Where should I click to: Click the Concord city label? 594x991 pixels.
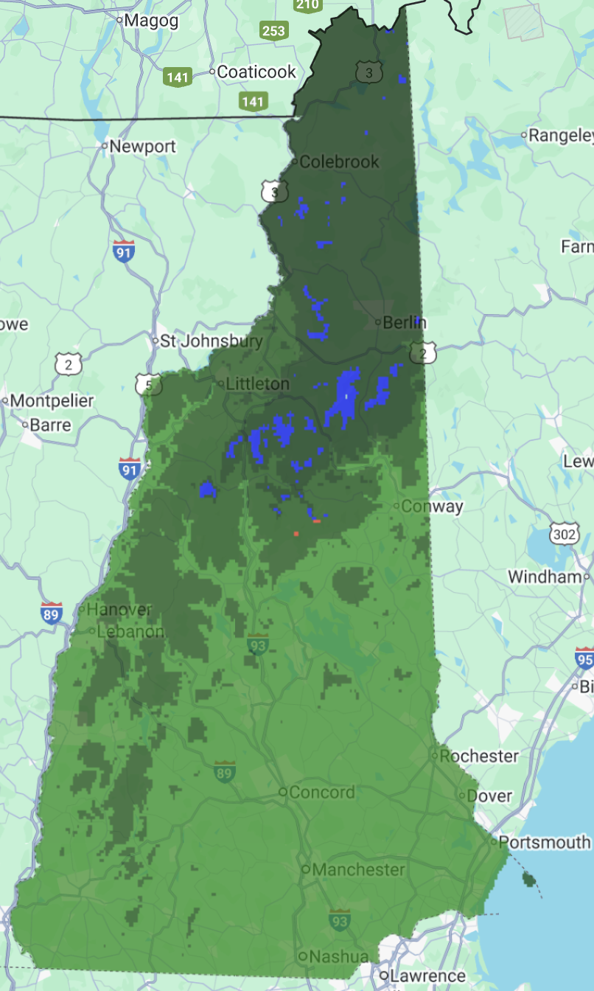coord(321,792)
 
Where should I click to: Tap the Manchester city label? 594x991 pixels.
coord(358,869)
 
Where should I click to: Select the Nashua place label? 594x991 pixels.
coord(340,956)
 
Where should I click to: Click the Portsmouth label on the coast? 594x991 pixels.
coord(544,841)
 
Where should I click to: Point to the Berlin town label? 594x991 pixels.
coord(400,322)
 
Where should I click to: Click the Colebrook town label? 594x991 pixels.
coord(339,161)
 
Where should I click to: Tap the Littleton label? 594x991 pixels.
coord(257,384)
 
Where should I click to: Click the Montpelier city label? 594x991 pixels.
coord(52,401)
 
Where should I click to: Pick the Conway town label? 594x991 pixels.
coord(432,506)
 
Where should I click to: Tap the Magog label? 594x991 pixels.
coord(151,21)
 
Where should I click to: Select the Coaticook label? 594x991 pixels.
coord(256,72)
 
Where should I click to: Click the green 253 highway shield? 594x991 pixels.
coord(273,31)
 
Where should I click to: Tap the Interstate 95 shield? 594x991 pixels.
coord(585,658)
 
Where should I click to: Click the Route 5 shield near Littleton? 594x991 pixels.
coord(148,383)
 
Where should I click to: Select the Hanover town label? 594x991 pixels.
coord(119,610)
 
